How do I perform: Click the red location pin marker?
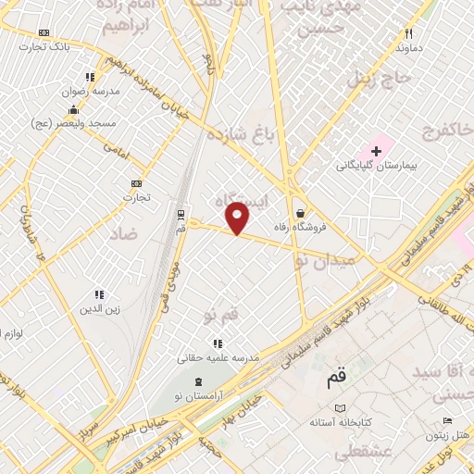click(239, 218)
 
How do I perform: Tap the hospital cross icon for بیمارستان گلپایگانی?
click(376, 150)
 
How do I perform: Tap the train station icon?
click(181, 214)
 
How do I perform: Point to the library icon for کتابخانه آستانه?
click(340, 408)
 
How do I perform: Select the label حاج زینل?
click(377, 77)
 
